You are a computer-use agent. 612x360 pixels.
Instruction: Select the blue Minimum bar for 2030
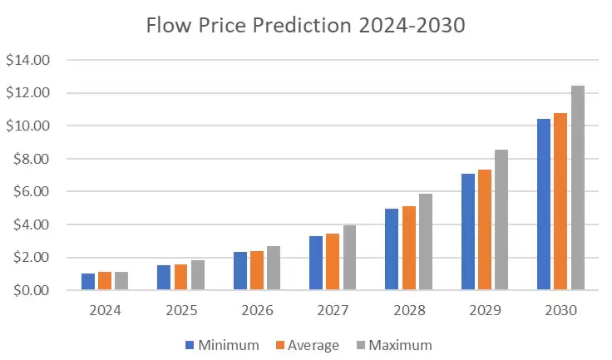click(x=543, y=205)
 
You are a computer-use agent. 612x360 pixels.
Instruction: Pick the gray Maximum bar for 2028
click(x=426, y=242)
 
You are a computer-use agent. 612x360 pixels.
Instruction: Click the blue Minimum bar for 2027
click(x=316, y=264)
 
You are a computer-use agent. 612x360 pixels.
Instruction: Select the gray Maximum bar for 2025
click(x=198, y=275)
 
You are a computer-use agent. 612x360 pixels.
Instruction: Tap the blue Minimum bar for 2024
click(x=88, y=282)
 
